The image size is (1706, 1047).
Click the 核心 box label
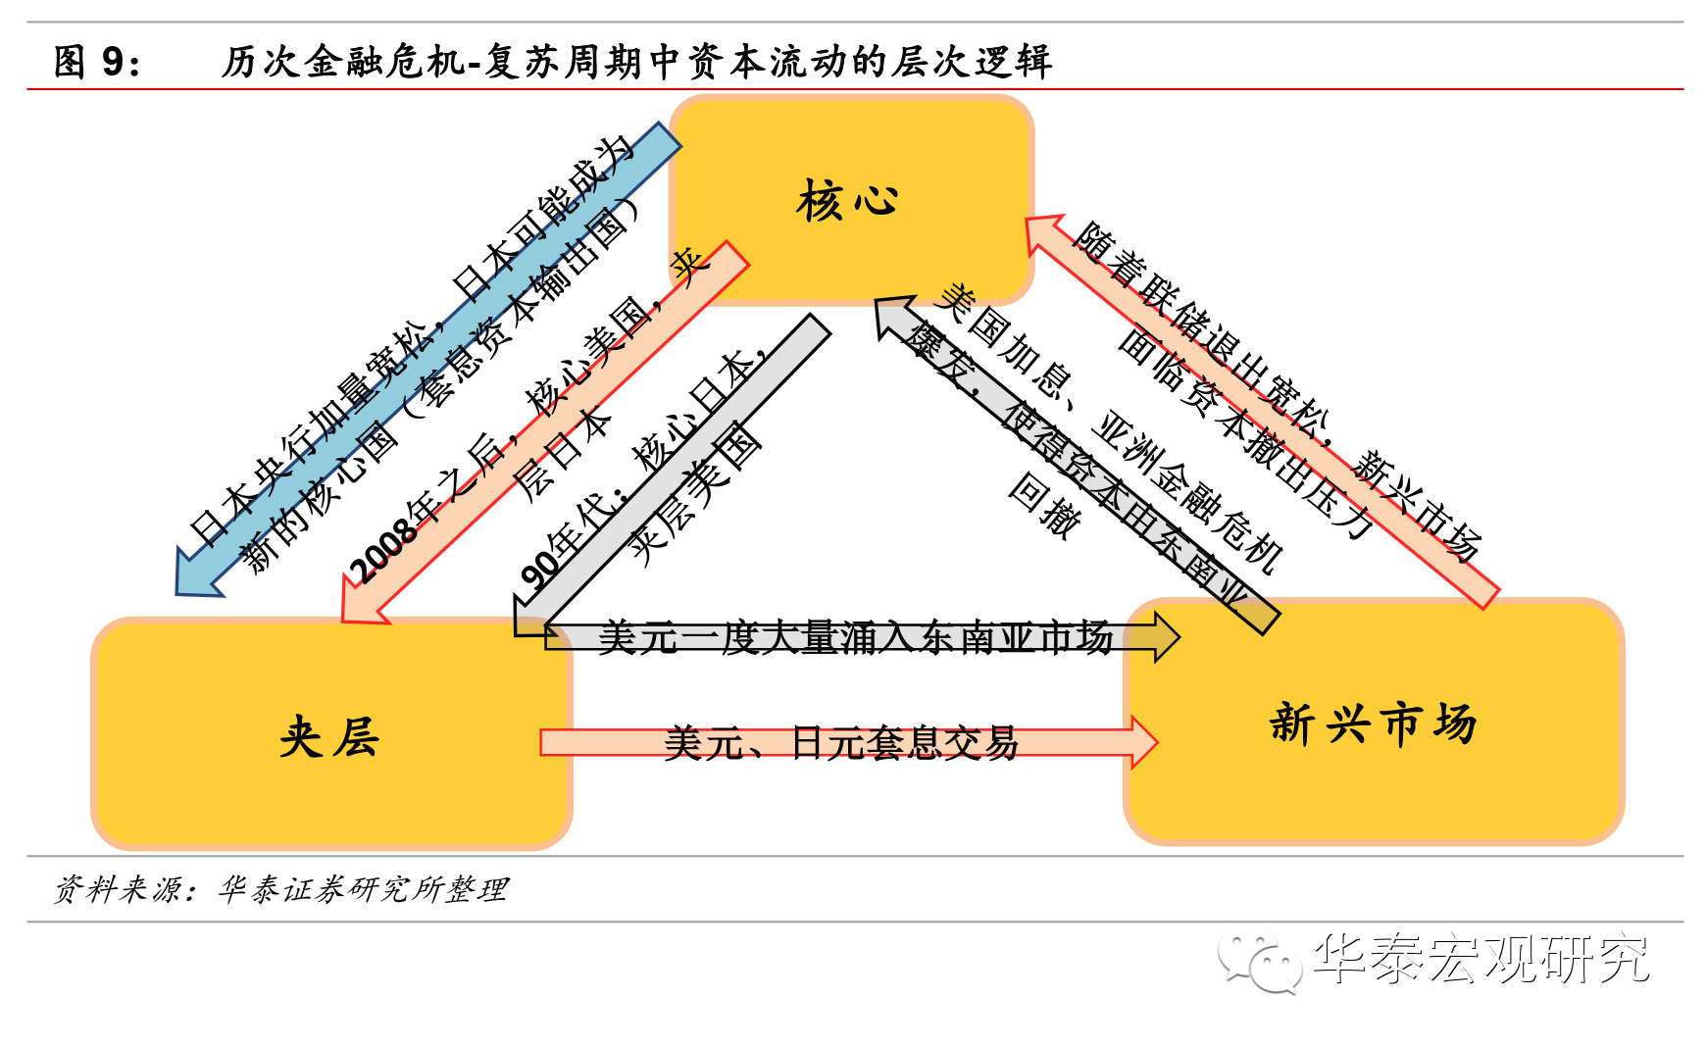847,201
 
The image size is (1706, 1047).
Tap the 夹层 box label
329,735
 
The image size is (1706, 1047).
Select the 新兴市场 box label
1373,723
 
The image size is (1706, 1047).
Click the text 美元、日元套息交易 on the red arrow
841,743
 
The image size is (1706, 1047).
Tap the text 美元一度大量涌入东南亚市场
855,637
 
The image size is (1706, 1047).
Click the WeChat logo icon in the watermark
1260,962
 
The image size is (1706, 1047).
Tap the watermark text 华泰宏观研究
1480,959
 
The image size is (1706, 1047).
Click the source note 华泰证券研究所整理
363,889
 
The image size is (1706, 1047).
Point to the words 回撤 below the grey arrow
1045,504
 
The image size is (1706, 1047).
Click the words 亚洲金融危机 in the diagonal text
1186,490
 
